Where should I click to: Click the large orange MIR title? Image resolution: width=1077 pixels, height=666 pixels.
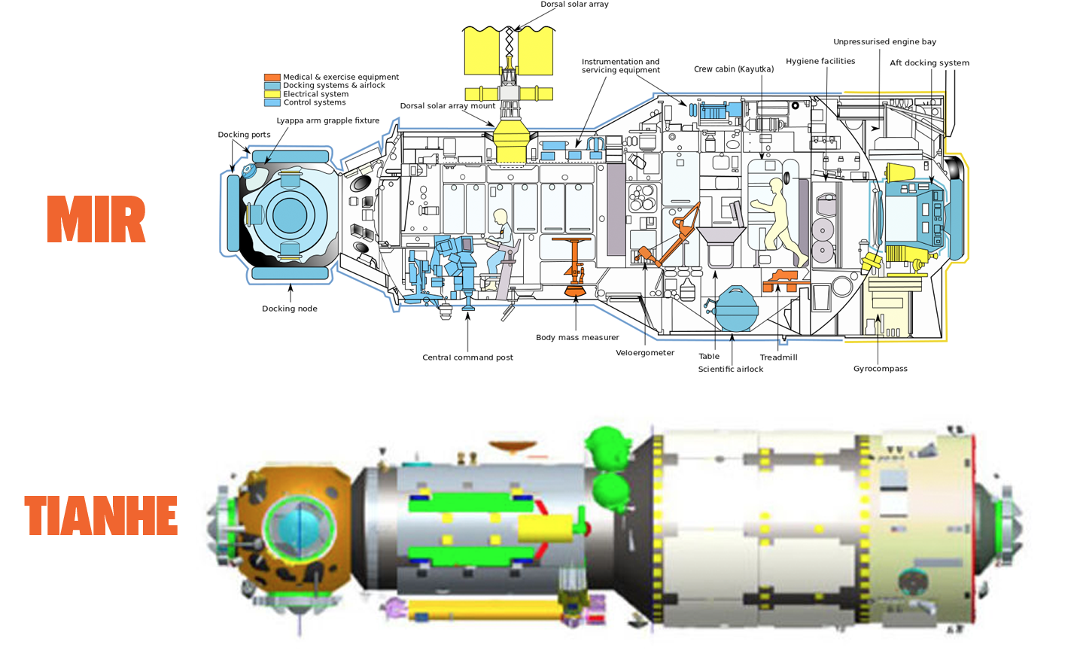pyautogui.click(x=96, y=219)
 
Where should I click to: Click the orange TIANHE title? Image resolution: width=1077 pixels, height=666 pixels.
pyautogui.click(x=101, y=515)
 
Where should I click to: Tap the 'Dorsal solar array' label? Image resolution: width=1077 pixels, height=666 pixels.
pyautogui.click(x=574, y=5)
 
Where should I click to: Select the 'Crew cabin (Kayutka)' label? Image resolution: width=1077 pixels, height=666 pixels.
pyautogui.click(x=733, y=69)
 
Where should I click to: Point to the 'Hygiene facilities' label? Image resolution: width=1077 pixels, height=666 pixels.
pyautogui.click(x=820, y=61)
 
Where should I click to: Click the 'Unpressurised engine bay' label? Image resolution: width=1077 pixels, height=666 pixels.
pyautogui.click(x=884, y=42)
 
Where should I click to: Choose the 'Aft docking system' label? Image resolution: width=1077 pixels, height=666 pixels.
pyautogui.click(x=929, y=63)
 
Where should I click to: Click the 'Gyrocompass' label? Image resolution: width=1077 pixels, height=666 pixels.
pyautogui.click(x=880, y=369)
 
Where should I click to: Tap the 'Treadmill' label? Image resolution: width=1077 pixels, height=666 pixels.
pyautogui.click(x=778, y=357)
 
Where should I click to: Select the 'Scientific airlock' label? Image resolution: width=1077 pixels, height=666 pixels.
pyautogui.click(x=730, y=369)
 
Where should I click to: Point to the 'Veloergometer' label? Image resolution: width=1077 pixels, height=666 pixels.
pyautogui.click(x=645, y=353)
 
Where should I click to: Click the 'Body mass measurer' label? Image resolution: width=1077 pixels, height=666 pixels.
pyautogui.click(x=577, y=338)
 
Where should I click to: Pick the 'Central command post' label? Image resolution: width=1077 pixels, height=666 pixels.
pyautogui.click(x=467, y=357)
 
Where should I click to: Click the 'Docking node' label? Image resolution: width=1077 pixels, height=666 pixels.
pyautogui.click(x=289, y=309)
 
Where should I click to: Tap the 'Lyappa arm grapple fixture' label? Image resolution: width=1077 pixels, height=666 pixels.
pyautogui.click(x=327, y=120)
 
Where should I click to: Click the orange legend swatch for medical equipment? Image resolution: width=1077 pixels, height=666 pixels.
pyautogui.click(x=272, y=77)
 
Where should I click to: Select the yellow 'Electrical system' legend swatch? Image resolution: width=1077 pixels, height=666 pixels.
pyautogui.click(x=272, y=94)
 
